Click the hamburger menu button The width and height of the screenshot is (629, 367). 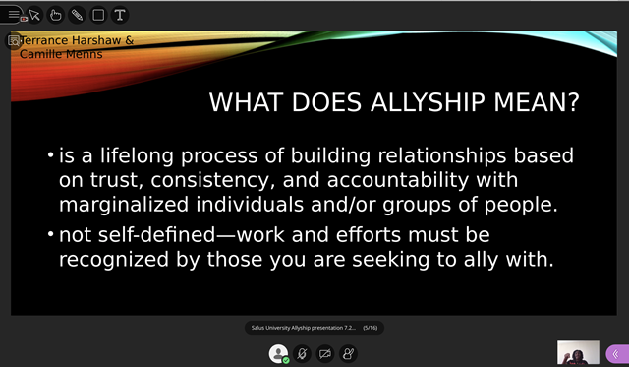(14, 15)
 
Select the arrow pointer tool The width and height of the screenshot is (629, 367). (34, 15)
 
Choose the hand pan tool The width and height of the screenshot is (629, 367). (56, 15)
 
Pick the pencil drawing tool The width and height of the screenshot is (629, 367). (78, 15)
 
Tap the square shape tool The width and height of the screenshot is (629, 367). (98, 15)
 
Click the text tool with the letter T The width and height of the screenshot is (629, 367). (120, 15)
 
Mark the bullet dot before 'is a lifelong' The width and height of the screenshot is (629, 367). (51, 157)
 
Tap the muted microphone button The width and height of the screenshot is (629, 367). (303, 352)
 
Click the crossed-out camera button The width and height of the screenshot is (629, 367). (324, 352)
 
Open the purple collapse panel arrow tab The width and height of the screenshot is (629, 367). (616, 353)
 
